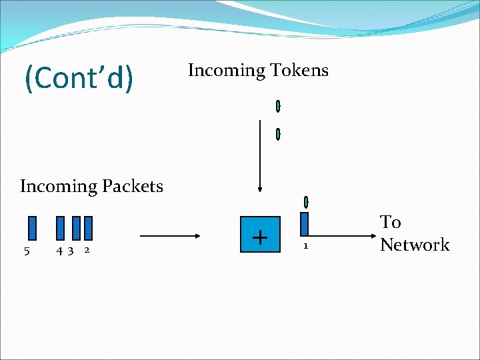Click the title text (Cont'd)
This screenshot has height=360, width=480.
[x=79, y=78]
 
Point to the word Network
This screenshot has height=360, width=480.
[x=415, y=245]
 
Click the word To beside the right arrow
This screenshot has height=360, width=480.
[x=391, y=222]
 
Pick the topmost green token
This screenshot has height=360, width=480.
[x=278, y=106]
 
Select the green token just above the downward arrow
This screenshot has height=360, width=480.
[x=278, y=134]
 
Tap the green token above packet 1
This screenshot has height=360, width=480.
[x=305, y=201]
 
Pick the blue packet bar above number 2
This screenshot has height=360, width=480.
[x=88, y=227]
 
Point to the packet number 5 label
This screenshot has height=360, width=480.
[x=26, y=251]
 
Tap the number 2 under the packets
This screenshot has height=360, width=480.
[x=87, y=251]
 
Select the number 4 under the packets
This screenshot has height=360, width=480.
[x=61, y=251]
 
